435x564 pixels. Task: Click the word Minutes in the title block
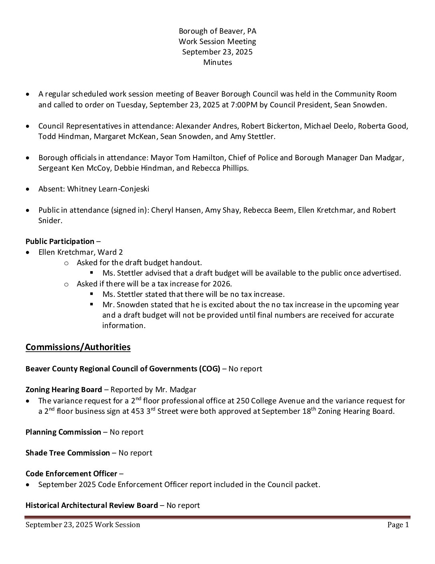tap(217, 62)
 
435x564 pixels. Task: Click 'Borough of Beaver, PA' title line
tap(217, 31)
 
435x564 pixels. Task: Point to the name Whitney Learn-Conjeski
tap(108, 189)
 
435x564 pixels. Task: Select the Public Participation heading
tap(60, 242)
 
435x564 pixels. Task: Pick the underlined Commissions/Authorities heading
tap(78, 347)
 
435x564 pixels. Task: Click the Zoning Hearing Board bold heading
tap(64, 390)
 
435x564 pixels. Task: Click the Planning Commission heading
tap(63, 432)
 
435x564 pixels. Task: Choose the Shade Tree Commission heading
tap(68, 453)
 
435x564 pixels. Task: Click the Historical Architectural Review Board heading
tap(92, 506)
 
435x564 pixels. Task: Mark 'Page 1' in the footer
tap(398, 525)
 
